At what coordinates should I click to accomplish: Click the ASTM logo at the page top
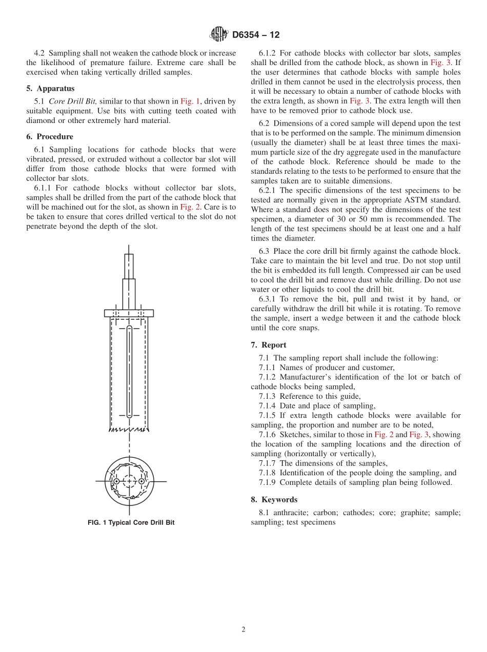219,34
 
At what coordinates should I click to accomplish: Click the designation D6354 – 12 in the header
256,35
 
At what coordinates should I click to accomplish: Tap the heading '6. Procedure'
50,136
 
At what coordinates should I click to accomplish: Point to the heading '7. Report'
269,345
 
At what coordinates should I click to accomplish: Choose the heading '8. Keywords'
274,499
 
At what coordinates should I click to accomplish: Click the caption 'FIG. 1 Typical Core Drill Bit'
131,523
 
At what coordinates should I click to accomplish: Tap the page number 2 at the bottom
243,630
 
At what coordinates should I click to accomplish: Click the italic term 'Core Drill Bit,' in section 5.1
72,101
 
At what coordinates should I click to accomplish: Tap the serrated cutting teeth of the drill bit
129,429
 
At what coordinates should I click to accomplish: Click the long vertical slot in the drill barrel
129,372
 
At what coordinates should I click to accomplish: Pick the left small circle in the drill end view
117,481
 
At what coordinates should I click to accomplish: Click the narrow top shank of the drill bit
129,266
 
